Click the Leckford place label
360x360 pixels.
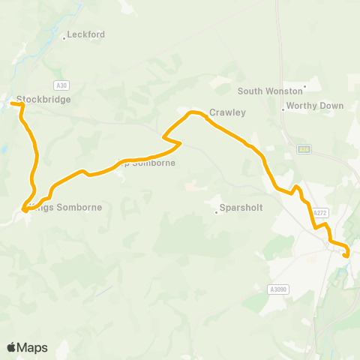(86, 34)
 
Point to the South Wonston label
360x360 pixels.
(268, 91)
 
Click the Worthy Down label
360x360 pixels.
(315, 106)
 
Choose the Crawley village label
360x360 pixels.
(227, 112)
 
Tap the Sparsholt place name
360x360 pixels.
(241, 208)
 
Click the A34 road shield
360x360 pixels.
(303, 148)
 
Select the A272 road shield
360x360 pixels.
(320, 213)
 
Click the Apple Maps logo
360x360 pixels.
(27, 347)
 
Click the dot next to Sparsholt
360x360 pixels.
(216, 211)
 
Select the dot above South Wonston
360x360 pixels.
(304, 86)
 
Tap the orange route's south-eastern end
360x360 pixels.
(346, 256)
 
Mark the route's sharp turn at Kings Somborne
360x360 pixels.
(25, 211)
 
